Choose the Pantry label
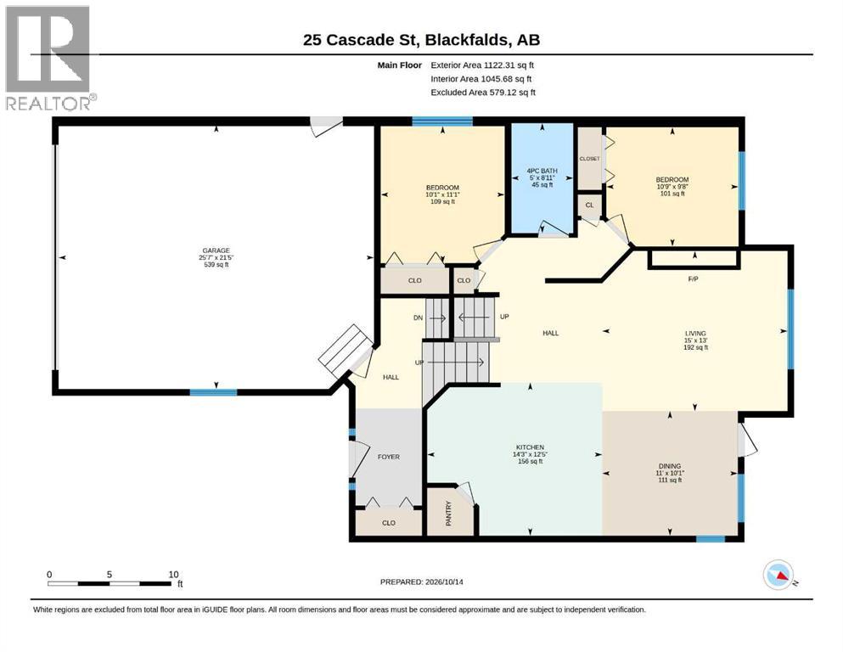(x=449, y=514)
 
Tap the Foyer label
(x=389, y=457)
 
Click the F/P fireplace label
(x=694, y=279)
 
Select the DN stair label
(x=419, y=318)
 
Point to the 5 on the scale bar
(x=110, y=574)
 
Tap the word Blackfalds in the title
(x=468, y=40)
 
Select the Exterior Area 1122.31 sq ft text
(x=482, y=65)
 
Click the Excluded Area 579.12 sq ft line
(x=483, y=93)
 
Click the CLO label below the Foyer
(x=389, y=522)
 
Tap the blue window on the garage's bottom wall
(x=213, y=392)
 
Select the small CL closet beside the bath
(x=590, y=205)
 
